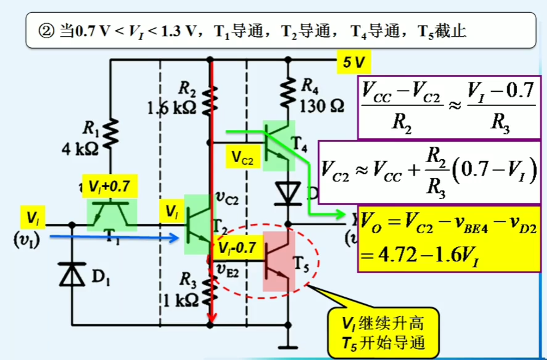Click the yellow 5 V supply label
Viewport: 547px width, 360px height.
pos(354,62)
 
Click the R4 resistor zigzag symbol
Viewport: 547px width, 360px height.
pos(288,93)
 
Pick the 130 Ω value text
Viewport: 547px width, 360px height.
pos(322,106)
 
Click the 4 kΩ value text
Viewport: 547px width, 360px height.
pos(80,149)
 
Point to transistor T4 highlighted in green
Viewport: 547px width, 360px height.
pos(279,146)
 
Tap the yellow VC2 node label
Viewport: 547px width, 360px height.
pos(243,157)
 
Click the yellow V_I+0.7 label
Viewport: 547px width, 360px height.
pos(110,186)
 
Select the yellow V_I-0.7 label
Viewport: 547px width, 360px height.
pos(237,248)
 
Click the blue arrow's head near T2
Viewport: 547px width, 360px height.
pos(175,237)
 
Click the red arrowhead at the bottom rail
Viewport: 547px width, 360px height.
pos(212,318)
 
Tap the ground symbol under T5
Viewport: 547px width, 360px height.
pos(288,347)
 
